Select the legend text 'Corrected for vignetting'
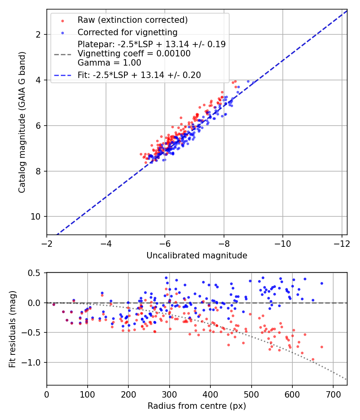click(x=127, y=32)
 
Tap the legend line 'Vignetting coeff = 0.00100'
click(x=134, y=53)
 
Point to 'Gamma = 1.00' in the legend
click(x=109, y=62)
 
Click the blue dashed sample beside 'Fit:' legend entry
click(x=62, y=75)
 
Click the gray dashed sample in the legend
click(x=62, y=53)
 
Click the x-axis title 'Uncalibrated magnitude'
click(x=196, y=255)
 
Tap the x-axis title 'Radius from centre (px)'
click(x=196, y=406)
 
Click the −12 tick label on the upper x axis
click(x=341, y=244)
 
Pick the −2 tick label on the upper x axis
click(x=47, y=244)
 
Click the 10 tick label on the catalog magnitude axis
click(x=35, y=217)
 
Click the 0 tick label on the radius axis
click(x=47, y=395)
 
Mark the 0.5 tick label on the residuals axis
click(x=34, y=273)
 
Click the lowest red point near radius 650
click(x=313, y=360)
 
